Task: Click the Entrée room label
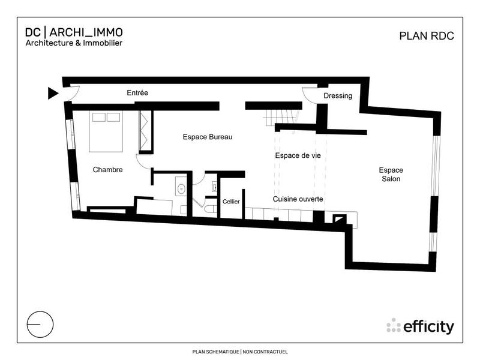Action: tap(137, 93)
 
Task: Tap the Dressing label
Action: tap(338, 96)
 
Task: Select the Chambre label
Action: tap(107, 170)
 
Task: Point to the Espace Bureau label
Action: tap(207, 137)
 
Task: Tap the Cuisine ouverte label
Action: tap(298, 199)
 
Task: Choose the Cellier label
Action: tap(231, 202)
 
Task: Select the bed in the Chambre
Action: tap(107, 131)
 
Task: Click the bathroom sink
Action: tap(181, 188)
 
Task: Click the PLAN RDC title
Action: tap(427, 35)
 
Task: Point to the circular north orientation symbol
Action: tap(40, 323)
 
